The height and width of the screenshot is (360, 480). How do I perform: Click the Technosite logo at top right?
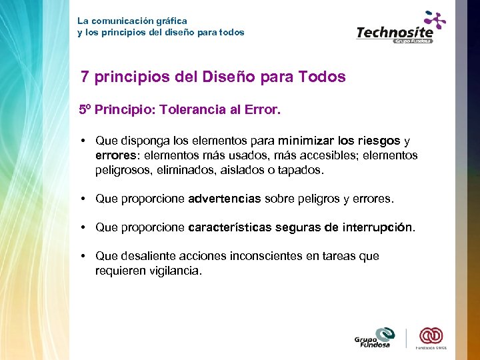400,29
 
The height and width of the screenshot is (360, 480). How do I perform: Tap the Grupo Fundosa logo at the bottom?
375,338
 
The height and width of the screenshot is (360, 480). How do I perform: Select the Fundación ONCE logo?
431,337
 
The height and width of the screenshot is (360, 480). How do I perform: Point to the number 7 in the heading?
85,77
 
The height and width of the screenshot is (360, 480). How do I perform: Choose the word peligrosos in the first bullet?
125,170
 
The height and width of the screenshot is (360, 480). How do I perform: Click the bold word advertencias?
225,199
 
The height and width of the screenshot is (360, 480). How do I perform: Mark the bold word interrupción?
377,227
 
